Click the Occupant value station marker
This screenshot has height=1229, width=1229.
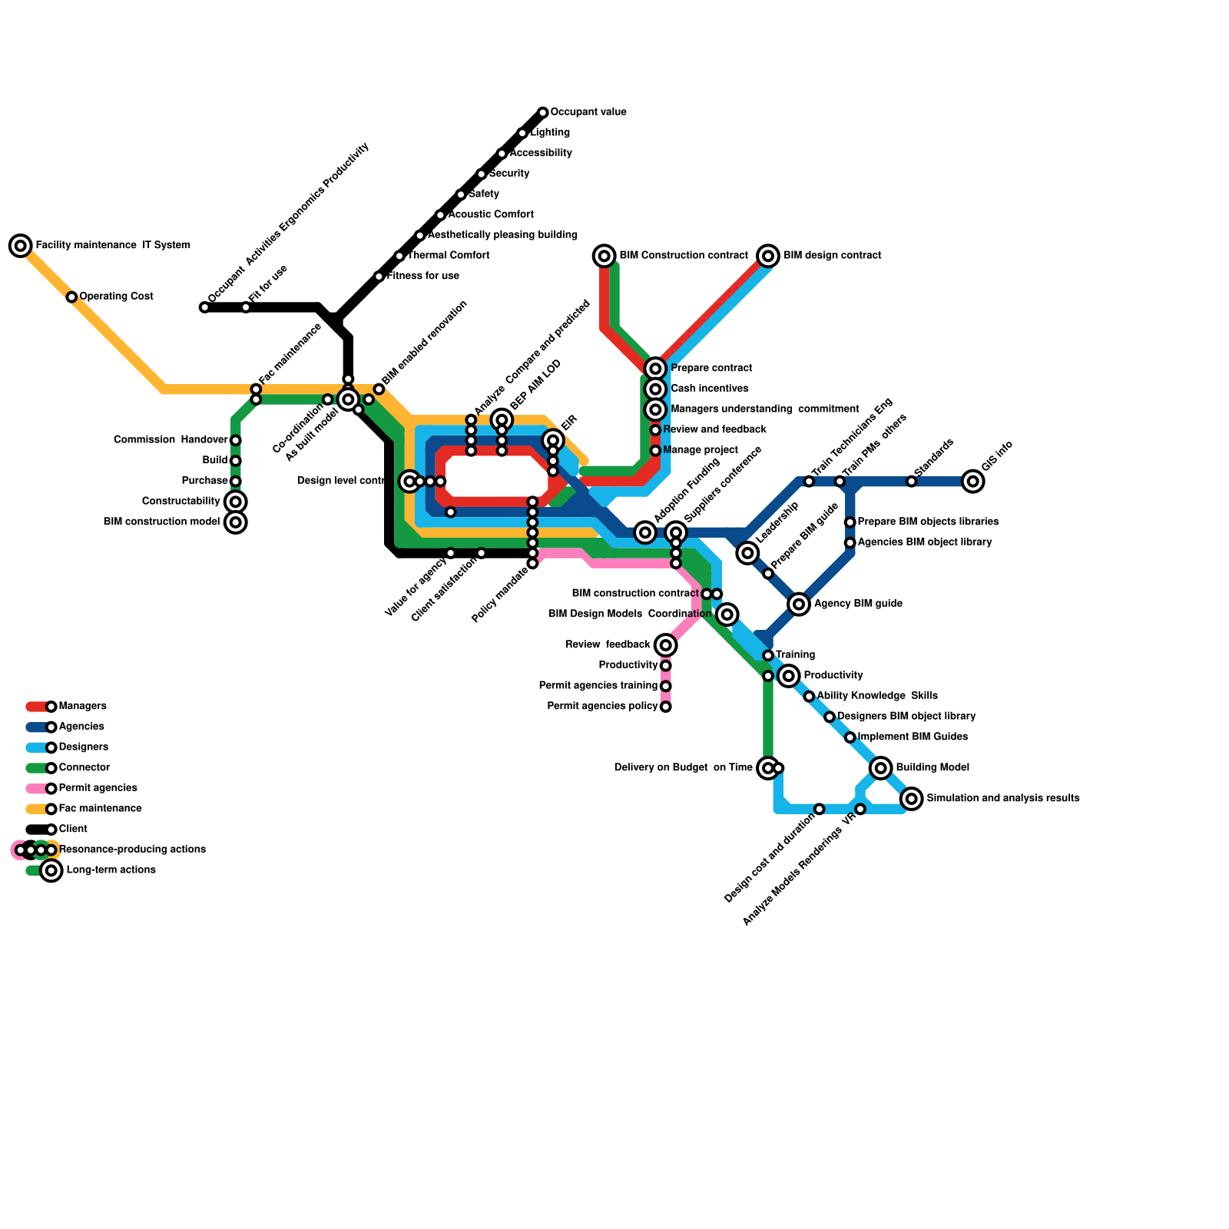(x=543, y=113)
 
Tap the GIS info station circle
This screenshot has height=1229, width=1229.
(x=972, y=482)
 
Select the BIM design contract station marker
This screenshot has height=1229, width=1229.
(x=768, y=256)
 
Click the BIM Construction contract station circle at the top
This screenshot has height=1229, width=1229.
(x=605, y=256)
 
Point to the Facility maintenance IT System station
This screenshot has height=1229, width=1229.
(x=21, y=246)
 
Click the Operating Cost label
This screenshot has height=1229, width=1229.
(x=116, y=296)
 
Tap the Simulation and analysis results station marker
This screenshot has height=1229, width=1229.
(x=911, y=799)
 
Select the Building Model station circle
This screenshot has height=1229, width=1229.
(x=881, y=767)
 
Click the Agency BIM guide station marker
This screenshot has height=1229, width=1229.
(x=799, y=604)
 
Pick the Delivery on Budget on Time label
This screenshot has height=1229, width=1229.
(x=683, y=767)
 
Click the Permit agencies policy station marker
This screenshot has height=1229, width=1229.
(x=666, y=707)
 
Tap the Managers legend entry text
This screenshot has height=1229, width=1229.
(x=82, y=706)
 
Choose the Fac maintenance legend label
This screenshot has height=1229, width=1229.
(x=100, y=809)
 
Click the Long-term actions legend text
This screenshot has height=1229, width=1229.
(x=111, y=870)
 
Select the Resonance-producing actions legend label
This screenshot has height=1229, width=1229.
(x=131, y=850)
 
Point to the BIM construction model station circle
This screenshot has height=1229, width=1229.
(x=236, y=522)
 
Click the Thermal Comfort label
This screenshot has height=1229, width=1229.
(x=448, y=256)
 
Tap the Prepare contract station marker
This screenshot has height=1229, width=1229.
(x=655, y=369)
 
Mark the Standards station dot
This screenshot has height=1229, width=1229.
(x=911, y=482)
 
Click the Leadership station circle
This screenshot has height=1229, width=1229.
(x=747, y=553)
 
